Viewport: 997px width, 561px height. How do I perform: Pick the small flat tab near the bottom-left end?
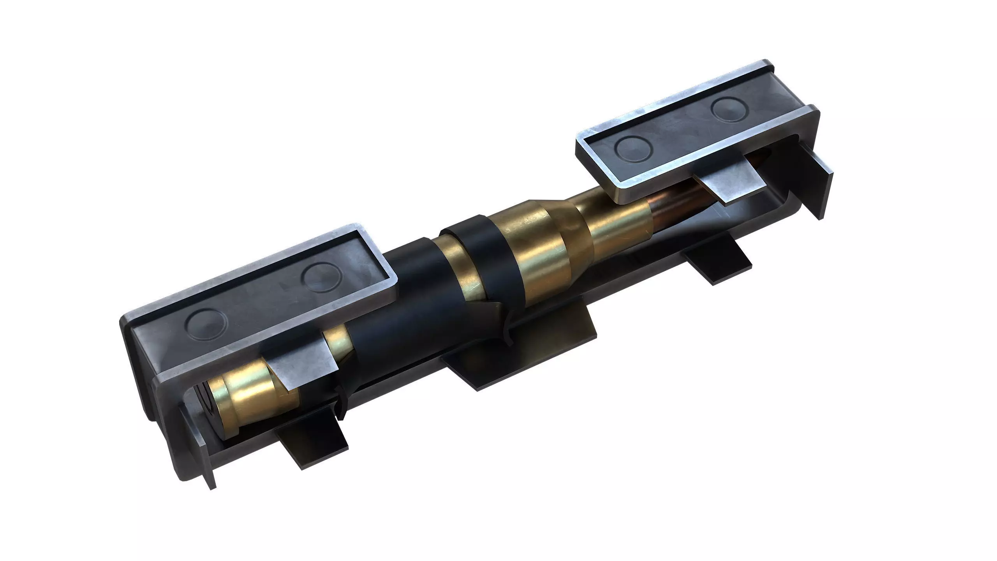312,440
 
